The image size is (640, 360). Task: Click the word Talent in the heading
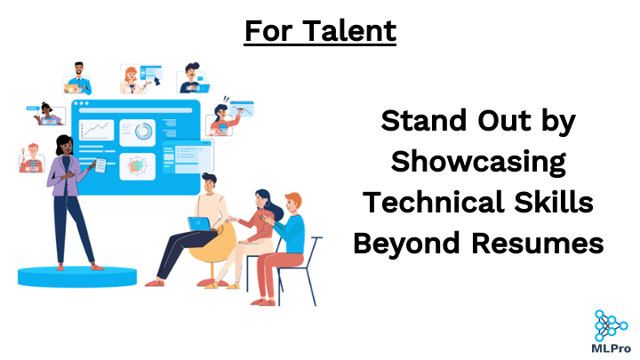(349, 30)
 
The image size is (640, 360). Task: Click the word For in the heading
(268, 30)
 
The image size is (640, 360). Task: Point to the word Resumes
(538, 244)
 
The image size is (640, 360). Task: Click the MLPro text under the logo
(611, 348)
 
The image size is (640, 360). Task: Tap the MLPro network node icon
(611, 325)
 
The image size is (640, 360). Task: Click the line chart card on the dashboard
(96, 130)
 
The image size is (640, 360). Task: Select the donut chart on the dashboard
(144, 132)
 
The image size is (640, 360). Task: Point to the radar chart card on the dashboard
(137, 166)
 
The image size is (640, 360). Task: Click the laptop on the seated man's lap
(200, 224)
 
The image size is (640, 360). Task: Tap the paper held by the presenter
(100, 165)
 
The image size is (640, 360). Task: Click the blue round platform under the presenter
(77, 276)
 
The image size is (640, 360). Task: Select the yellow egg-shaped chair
(212, 245)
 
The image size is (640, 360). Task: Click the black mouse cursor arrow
(156, 81)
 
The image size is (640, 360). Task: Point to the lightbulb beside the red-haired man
(23, 151)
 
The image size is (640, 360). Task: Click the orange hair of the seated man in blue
(294, 200)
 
